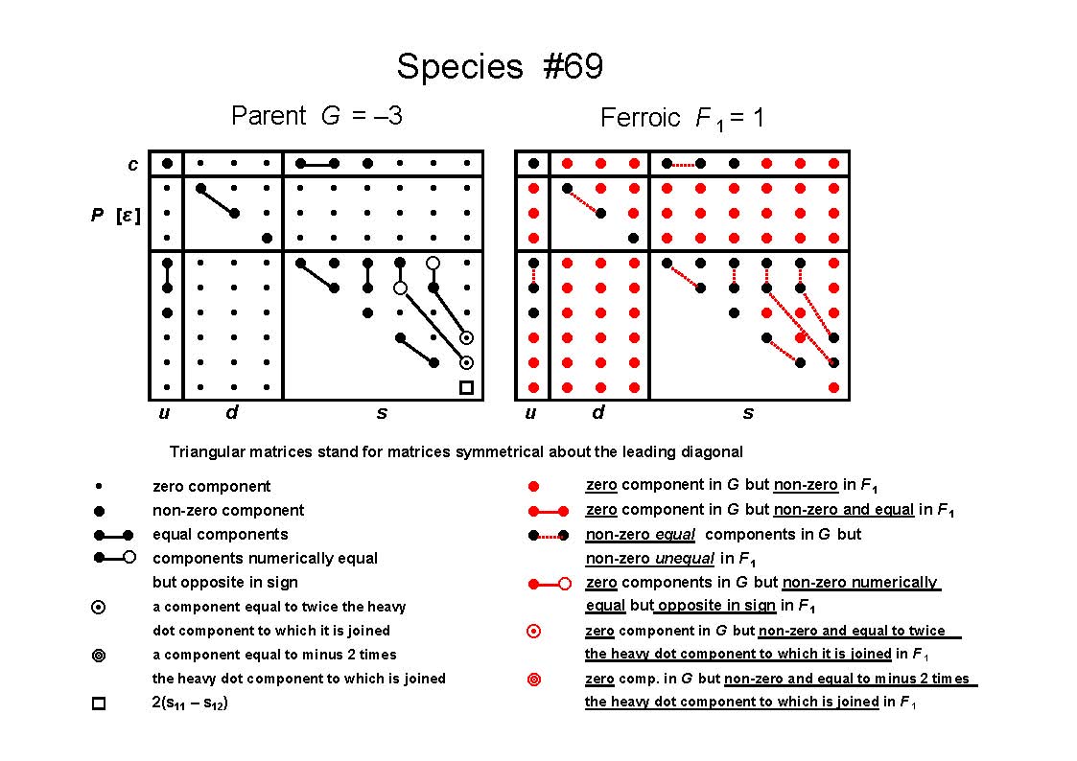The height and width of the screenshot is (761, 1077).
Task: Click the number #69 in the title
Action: tap(573, 66)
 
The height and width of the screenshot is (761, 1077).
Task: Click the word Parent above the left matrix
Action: tap(269, 115)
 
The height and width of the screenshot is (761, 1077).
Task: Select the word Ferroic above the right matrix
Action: tap(640, 117)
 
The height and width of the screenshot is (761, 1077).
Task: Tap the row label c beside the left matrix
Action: tap(132, 165)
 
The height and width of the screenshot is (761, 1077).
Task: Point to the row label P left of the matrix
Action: tap(98, 215)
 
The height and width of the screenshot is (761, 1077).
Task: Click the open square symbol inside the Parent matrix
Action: tap(466, 388)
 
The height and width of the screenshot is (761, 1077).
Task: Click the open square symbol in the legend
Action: tap(99, 703)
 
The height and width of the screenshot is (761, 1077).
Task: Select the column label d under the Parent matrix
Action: tap(232, 412)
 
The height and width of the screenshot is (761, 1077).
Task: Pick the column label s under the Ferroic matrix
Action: tap(748, 413)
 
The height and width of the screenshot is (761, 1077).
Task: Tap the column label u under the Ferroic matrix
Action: tap(530, 413)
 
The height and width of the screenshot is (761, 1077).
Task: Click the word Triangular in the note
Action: tap(204, 452)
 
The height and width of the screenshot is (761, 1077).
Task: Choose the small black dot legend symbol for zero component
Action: tap(99, 487)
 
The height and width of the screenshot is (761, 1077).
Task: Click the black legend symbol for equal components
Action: tap(113, 535)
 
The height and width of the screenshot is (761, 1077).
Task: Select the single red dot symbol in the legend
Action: tap(533, 487)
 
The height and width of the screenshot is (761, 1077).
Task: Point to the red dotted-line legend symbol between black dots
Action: tap(549, 535)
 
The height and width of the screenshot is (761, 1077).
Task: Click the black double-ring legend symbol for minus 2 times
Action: tap(99, 656)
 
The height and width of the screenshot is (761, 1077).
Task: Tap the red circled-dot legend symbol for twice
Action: tap(533, 632)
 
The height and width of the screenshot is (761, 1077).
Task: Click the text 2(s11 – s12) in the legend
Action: tap(190, 703)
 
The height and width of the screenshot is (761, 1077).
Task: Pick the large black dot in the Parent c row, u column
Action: tap(167, 163)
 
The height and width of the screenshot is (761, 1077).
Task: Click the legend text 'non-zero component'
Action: tap(228, 511)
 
